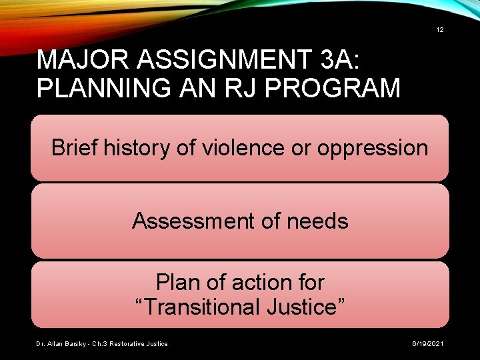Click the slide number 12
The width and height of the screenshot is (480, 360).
pyautogui.click(x=440, y=30)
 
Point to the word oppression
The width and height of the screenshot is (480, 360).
pyautogui.click(x=373, y=147)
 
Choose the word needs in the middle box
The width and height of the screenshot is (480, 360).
pyautogui.click(x=316, y=221)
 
